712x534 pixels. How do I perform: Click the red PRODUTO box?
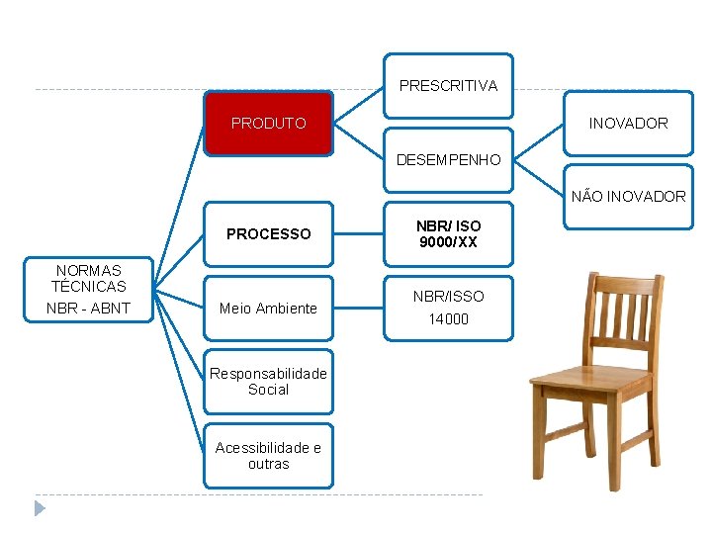(268, 124)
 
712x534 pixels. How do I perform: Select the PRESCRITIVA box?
(448, 86)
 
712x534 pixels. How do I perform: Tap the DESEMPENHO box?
(448, 159)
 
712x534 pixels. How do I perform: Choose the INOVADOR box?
(628, 124)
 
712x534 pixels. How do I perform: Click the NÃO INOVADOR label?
(628, 197)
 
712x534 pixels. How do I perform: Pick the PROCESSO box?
(268, 234)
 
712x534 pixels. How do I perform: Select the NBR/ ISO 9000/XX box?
(448, 234)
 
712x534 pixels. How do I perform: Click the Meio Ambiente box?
(268, 309)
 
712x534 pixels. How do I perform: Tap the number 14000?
(448, 319)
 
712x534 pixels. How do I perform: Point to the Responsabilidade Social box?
(268, 382)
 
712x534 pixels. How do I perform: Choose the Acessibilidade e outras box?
(268, 456)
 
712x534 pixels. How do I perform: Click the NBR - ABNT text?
(88, 309)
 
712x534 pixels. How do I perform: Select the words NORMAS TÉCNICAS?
(89, 278)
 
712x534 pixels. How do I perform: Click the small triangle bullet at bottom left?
(40, 508)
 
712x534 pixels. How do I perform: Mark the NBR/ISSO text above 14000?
(448, 296)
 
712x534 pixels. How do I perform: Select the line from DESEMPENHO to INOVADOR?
(539, 141)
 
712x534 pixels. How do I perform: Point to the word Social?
(268, 390)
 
